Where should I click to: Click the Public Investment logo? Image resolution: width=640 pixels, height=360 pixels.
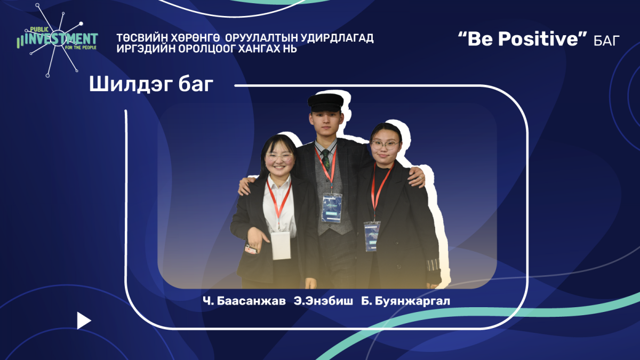point(57,40)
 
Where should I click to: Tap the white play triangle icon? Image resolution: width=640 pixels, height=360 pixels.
point(84,321)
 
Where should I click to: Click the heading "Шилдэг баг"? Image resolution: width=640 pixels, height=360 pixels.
point(151,85)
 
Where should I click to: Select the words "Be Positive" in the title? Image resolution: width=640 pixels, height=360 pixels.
point(523,39)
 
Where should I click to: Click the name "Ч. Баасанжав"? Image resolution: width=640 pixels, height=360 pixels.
point(244,301)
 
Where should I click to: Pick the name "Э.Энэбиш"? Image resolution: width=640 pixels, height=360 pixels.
point(323,301)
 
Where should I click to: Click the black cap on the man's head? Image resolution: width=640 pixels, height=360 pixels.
point(325,102)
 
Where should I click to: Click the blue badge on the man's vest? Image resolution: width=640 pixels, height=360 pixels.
point(332,207)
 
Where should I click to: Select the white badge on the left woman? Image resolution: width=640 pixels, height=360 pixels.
point(281,245)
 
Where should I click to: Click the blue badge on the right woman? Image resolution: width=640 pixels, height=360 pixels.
point(372,236)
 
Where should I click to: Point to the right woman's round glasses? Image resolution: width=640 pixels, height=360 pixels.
point(385,145)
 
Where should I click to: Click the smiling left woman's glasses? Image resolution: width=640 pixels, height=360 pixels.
point(279,157)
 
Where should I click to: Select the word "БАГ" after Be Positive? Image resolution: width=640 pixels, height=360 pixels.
point(606,41)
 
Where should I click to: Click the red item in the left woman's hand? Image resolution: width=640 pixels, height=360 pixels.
point(251,250)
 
